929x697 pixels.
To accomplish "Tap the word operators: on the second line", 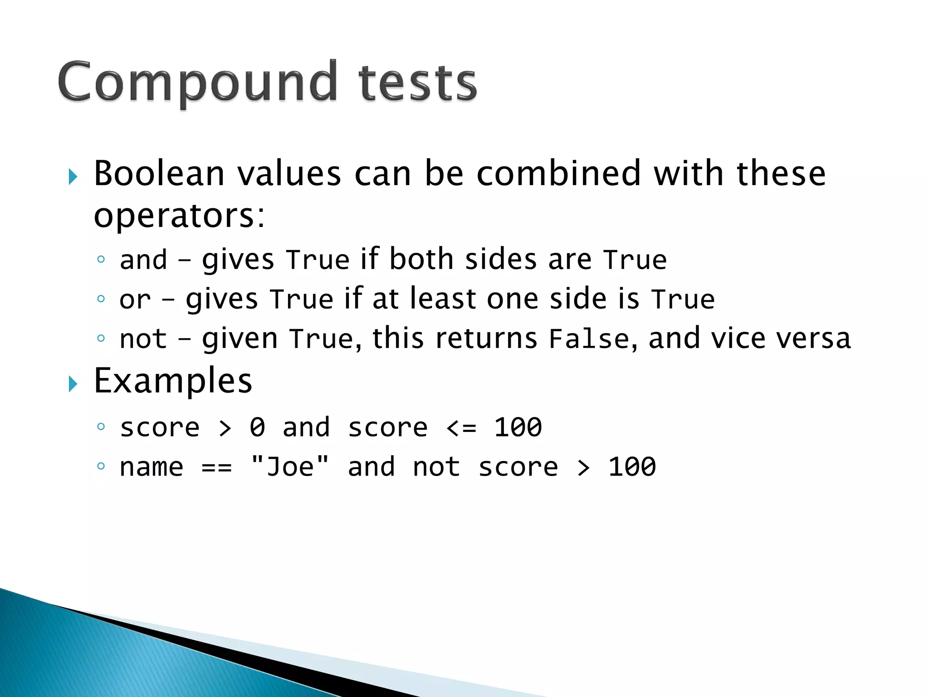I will (x=179, y=216).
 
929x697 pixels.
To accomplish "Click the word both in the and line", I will (x=421, y=259).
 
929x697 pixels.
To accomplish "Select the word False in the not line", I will (x=589, y=339).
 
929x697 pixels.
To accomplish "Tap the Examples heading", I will (x=173, y=381).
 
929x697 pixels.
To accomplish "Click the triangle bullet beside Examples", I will (x=73, y=384).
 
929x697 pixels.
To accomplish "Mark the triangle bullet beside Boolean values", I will (x=73, y=177).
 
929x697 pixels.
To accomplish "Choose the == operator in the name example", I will (x=217, y=467).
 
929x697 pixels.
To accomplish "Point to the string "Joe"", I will (x=290, y=466).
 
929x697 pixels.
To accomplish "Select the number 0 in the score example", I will (x=257, y=427).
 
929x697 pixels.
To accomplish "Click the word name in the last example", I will (x=152, y=467).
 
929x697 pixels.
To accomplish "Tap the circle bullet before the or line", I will (x=101, y=299).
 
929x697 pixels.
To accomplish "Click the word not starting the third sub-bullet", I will (x=143, y=339).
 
